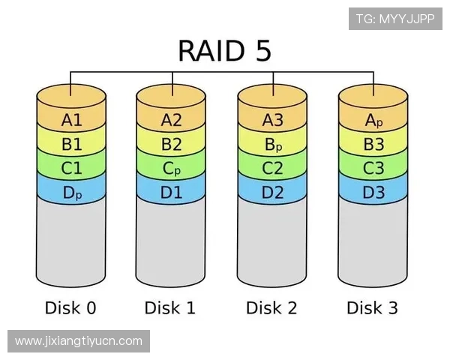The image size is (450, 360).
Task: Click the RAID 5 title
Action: [x=224, y=51]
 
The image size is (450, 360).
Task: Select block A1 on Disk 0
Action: [x=71, y=120]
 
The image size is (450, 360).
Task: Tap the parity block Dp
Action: [x=71, y=193]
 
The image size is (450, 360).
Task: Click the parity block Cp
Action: [x=172, y=169]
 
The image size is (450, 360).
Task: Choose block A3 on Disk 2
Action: [x=273, y=120]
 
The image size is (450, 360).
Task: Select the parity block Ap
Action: [x=373, y=120]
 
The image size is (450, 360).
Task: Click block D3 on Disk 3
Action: [x=373, y=193]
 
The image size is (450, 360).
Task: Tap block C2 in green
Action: [x=273, y=169]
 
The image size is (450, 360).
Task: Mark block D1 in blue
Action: [x=172, y=193]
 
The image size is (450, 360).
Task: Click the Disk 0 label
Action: [x=70, y=307]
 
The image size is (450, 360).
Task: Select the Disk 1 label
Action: [x=171, y=307]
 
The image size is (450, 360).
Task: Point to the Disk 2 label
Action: [x=271, y=307]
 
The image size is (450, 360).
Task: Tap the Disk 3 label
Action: [x=372, y=307]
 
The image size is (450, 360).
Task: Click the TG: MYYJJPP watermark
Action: [x=394, y=19]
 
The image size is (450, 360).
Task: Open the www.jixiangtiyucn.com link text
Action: [x=78, y=341]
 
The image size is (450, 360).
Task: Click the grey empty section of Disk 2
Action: [x=273, y=240]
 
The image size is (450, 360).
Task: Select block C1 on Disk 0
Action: [x=71, y=169]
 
